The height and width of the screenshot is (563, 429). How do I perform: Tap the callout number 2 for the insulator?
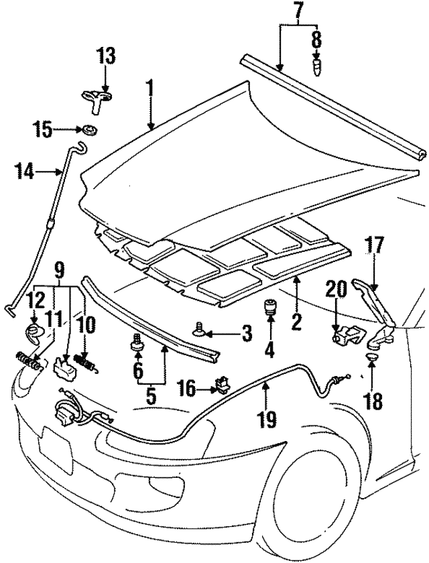tap(294, 322)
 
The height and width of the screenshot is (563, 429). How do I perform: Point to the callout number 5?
tap(151, 396)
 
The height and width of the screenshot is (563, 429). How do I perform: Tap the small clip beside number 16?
tap(219, 385)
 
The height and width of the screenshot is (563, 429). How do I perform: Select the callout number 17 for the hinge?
tap(374, 246)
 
